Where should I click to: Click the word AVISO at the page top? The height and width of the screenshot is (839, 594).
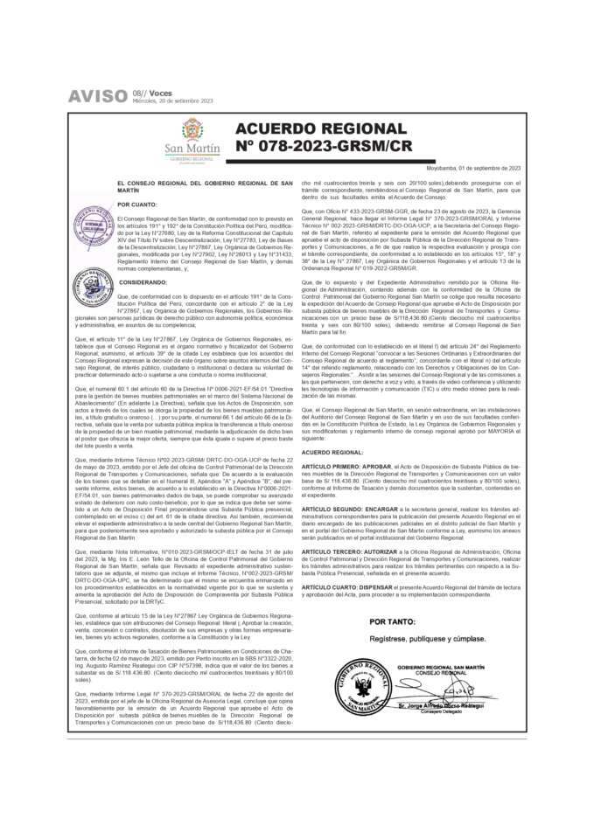(98, 97)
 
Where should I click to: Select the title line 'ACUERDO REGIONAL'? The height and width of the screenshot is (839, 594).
(320, 129)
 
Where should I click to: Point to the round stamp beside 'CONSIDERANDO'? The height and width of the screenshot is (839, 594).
(93, 287)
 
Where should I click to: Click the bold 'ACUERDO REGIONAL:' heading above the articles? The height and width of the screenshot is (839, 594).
(332, 453)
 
